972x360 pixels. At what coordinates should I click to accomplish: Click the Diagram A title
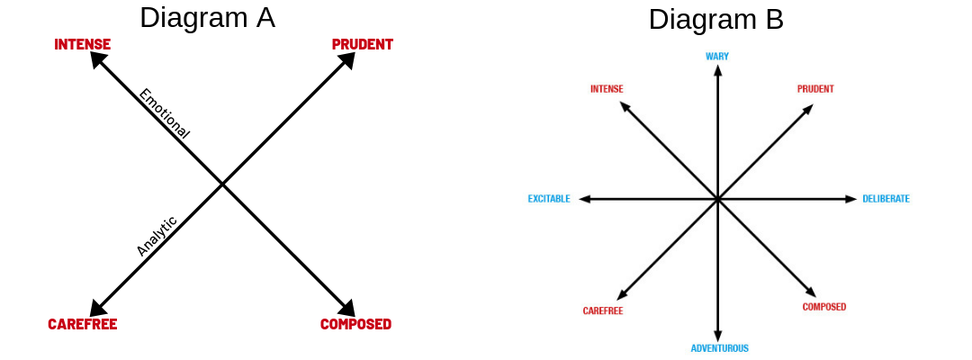pyautogui.click(x=207, y=17)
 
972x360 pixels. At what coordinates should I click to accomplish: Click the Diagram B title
pyautogui.click(x=715, y=20)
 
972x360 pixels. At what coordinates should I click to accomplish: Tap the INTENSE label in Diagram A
pyautogui.click(x=83, y=44)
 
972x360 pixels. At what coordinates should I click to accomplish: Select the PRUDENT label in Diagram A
pyautogui.click(x=362, y=44)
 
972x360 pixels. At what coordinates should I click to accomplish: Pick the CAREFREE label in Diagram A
pyautogui.click(x=83, y=324)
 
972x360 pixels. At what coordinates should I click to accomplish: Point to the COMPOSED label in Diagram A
pyautogui.click(x=355, y=324)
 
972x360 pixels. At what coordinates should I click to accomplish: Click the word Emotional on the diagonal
pyautogui.click(x=164, y=113)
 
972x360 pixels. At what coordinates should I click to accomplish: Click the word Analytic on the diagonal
pyautogui.click(x=157, y=236)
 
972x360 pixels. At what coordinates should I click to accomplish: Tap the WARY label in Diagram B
pyautogui.click(x=717, y=57)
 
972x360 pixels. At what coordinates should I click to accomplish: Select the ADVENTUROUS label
pyautogui.click(x=719, y=348)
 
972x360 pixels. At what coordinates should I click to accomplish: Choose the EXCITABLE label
pyautogui.click(x=549, y=199)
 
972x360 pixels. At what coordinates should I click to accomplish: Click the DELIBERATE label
pyautogui.click(x=886, y=199)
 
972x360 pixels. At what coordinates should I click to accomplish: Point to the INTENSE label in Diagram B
pyautogui.click(x=607, y=89)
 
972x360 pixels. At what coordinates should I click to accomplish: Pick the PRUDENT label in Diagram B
pyautogui.click(x=815, y=89)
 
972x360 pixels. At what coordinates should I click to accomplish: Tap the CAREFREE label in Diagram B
pyautogui.click(x=603, y=311)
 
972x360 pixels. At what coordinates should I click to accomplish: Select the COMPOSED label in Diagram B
pyautogui.click(x=824, y=307)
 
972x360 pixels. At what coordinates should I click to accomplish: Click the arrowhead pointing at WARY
pyautogui.click(x=717, y=70)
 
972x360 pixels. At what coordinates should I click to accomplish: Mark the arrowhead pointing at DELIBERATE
pyautogui.click(x=851, y=199)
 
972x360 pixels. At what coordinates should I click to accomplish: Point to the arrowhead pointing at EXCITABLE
pyautogui.click(x=584, y=199)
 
